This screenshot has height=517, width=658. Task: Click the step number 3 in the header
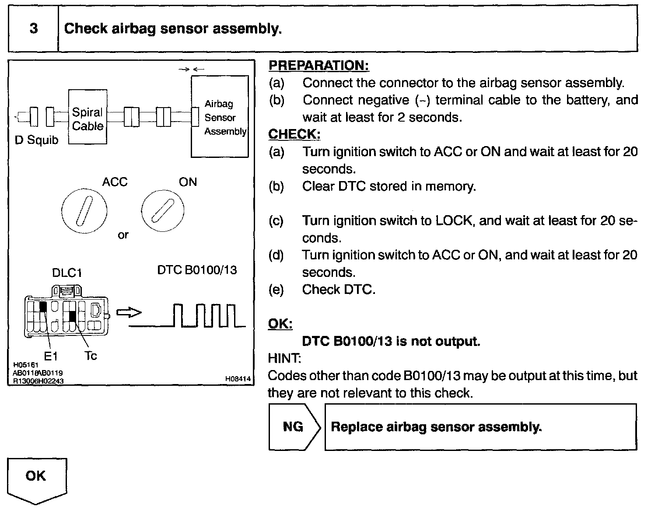click(x=34, y=29)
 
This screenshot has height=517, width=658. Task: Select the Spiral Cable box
click(x=87, y=117)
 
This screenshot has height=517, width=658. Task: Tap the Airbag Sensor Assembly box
click(x=220, y=117)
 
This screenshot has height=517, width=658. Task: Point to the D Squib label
click(x=36, y=140)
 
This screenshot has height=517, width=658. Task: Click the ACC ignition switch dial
click(x=84, y=212)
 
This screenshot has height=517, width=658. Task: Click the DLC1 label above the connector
click(x=67, y=273)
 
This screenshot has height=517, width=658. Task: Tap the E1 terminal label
click(x=51, y=356)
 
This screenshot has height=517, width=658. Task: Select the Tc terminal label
click(x=91, y=356)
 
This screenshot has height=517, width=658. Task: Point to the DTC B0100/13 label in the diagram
click(x=197, y=270)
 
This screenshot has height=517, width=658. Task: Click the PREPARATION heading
click(x=318, y=66)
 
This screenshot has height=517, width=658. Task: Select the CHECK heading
click(x=294, y=134)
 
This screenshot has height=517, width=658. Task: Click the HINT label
click(x=284, y=358)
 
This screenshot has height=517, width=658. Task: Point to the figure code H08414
click(x=238, y=379)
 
